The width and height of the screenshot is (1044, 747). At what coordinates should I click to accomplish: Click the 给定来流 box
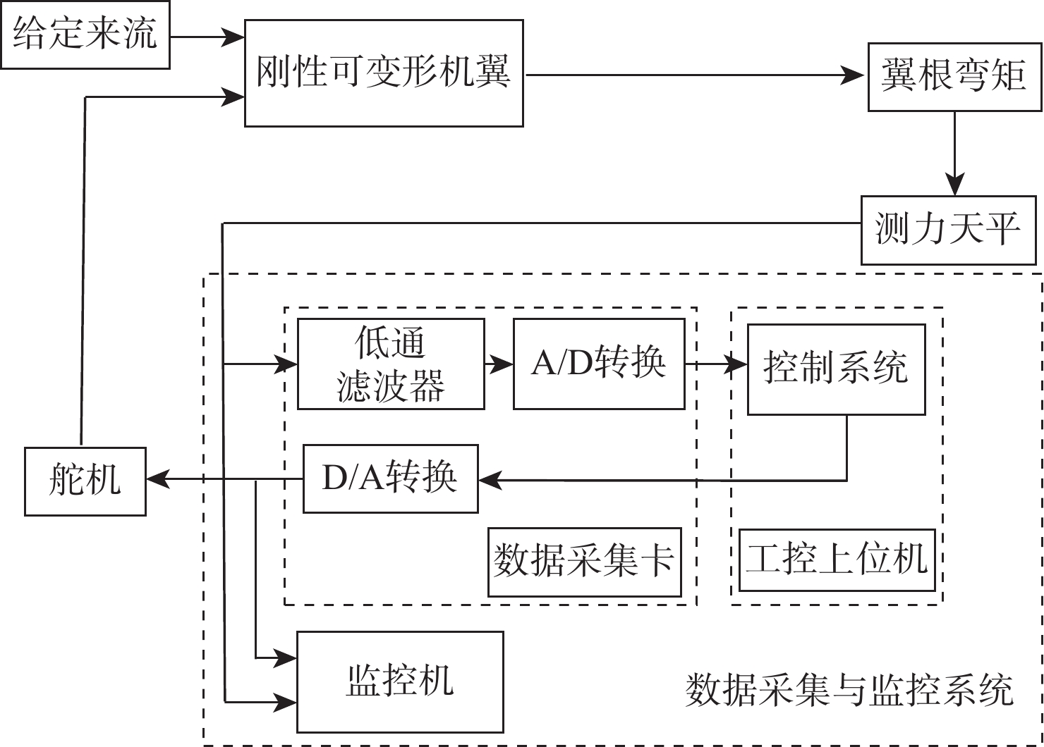85,35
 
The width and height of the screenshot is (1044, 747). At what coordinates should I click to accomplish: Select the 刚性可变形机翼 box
384,73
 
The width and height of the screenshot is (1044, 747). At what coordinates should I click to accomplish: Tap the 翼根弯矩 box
954,77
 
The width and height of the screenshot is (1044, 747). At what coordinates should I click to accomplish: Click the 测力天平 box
948,230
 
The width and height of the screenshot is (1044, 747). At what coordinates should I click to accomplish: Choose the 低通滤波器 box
391,364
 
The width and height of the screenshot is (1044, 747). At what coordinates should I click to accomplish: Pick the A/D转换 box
599,364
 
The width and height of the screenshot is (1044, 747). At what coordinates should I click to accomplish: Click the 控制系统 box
836,369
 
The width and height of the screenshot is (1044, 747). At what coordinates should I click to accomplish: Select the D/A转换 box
390,479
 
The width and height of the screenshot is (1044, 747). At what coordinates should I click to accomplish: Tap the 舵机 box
85,481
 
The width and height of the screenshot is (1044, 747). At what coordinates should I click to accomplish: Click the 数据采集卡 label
584,562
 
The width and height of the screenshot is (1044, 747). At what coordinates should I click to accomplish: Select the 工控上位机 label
837,560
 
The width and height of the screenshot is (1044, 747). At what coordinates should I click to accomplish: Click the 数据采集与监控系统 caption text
849,690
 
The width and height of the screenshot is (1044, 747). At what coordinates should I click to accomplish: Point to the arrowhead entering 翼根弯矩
855,75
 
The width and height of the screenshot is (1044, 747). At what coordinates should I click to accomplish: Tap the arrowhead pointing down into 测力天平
954,186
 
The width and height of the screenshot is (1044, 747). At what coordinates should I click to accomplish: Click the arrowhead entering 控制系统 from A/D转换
737,364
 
